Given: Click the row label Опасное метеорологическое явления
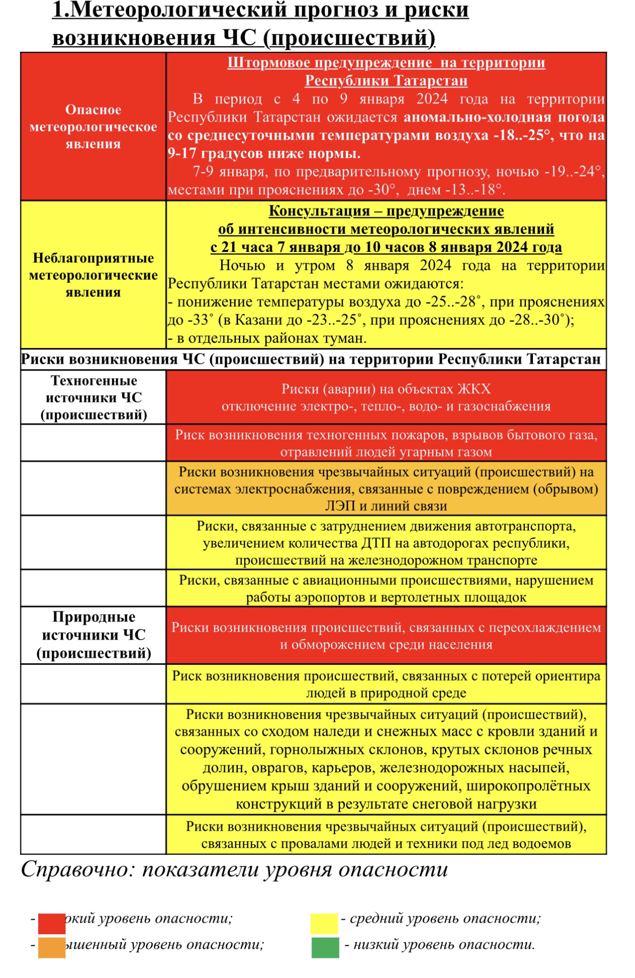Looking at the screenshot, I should point(93,127).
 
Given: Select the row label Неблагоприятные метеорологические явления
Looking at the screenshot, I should point(93,275).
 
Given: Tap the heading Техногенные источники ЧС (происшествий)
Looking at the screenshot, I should point(94,398).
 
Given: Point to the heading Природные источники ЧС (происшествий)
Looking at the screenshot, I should point(94,635).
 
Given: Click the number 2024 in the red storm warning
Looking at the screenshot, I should point(432,99).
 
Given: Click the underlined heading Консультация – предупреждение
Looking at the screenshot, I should point(386,211).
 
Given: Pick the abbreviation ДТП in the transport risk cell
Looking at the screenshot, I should point(375,544).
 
